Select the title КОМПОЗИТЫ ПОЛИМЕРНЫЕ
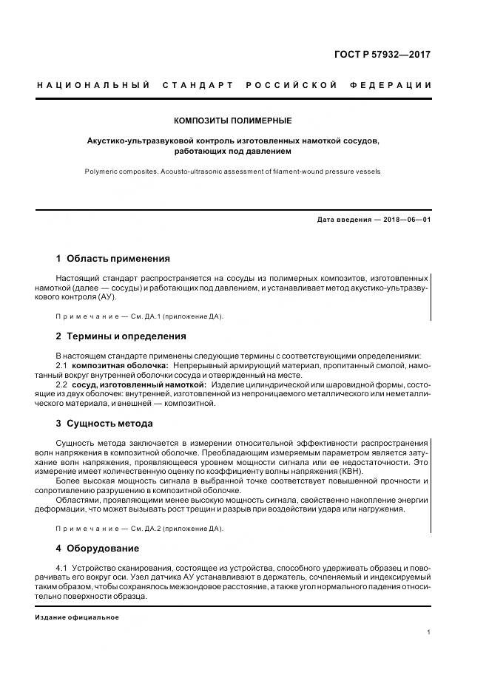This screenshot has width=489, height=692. point(232,120)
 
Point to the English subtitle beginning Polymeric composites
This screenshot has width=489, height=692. point(232,171)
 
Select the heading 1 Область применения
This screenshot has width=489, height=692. point(113,259)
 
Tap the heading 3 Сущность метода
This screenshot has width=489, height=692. point(104,424)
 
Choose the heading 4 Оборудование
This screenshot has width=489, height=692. point(98,549)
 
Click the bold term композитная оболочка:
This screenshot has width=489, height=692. point(121,365)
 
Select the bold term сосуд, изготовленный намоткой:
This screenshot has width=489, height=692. point(139,385)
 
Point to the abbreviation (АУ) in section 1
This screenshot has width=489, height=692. point(104,296)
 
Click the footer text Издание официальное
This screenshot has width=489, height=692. point(77,617)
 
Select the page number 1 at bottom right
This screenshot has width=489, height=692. point(429,632)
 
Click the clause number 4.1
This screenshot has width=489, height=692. point(63,567)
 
